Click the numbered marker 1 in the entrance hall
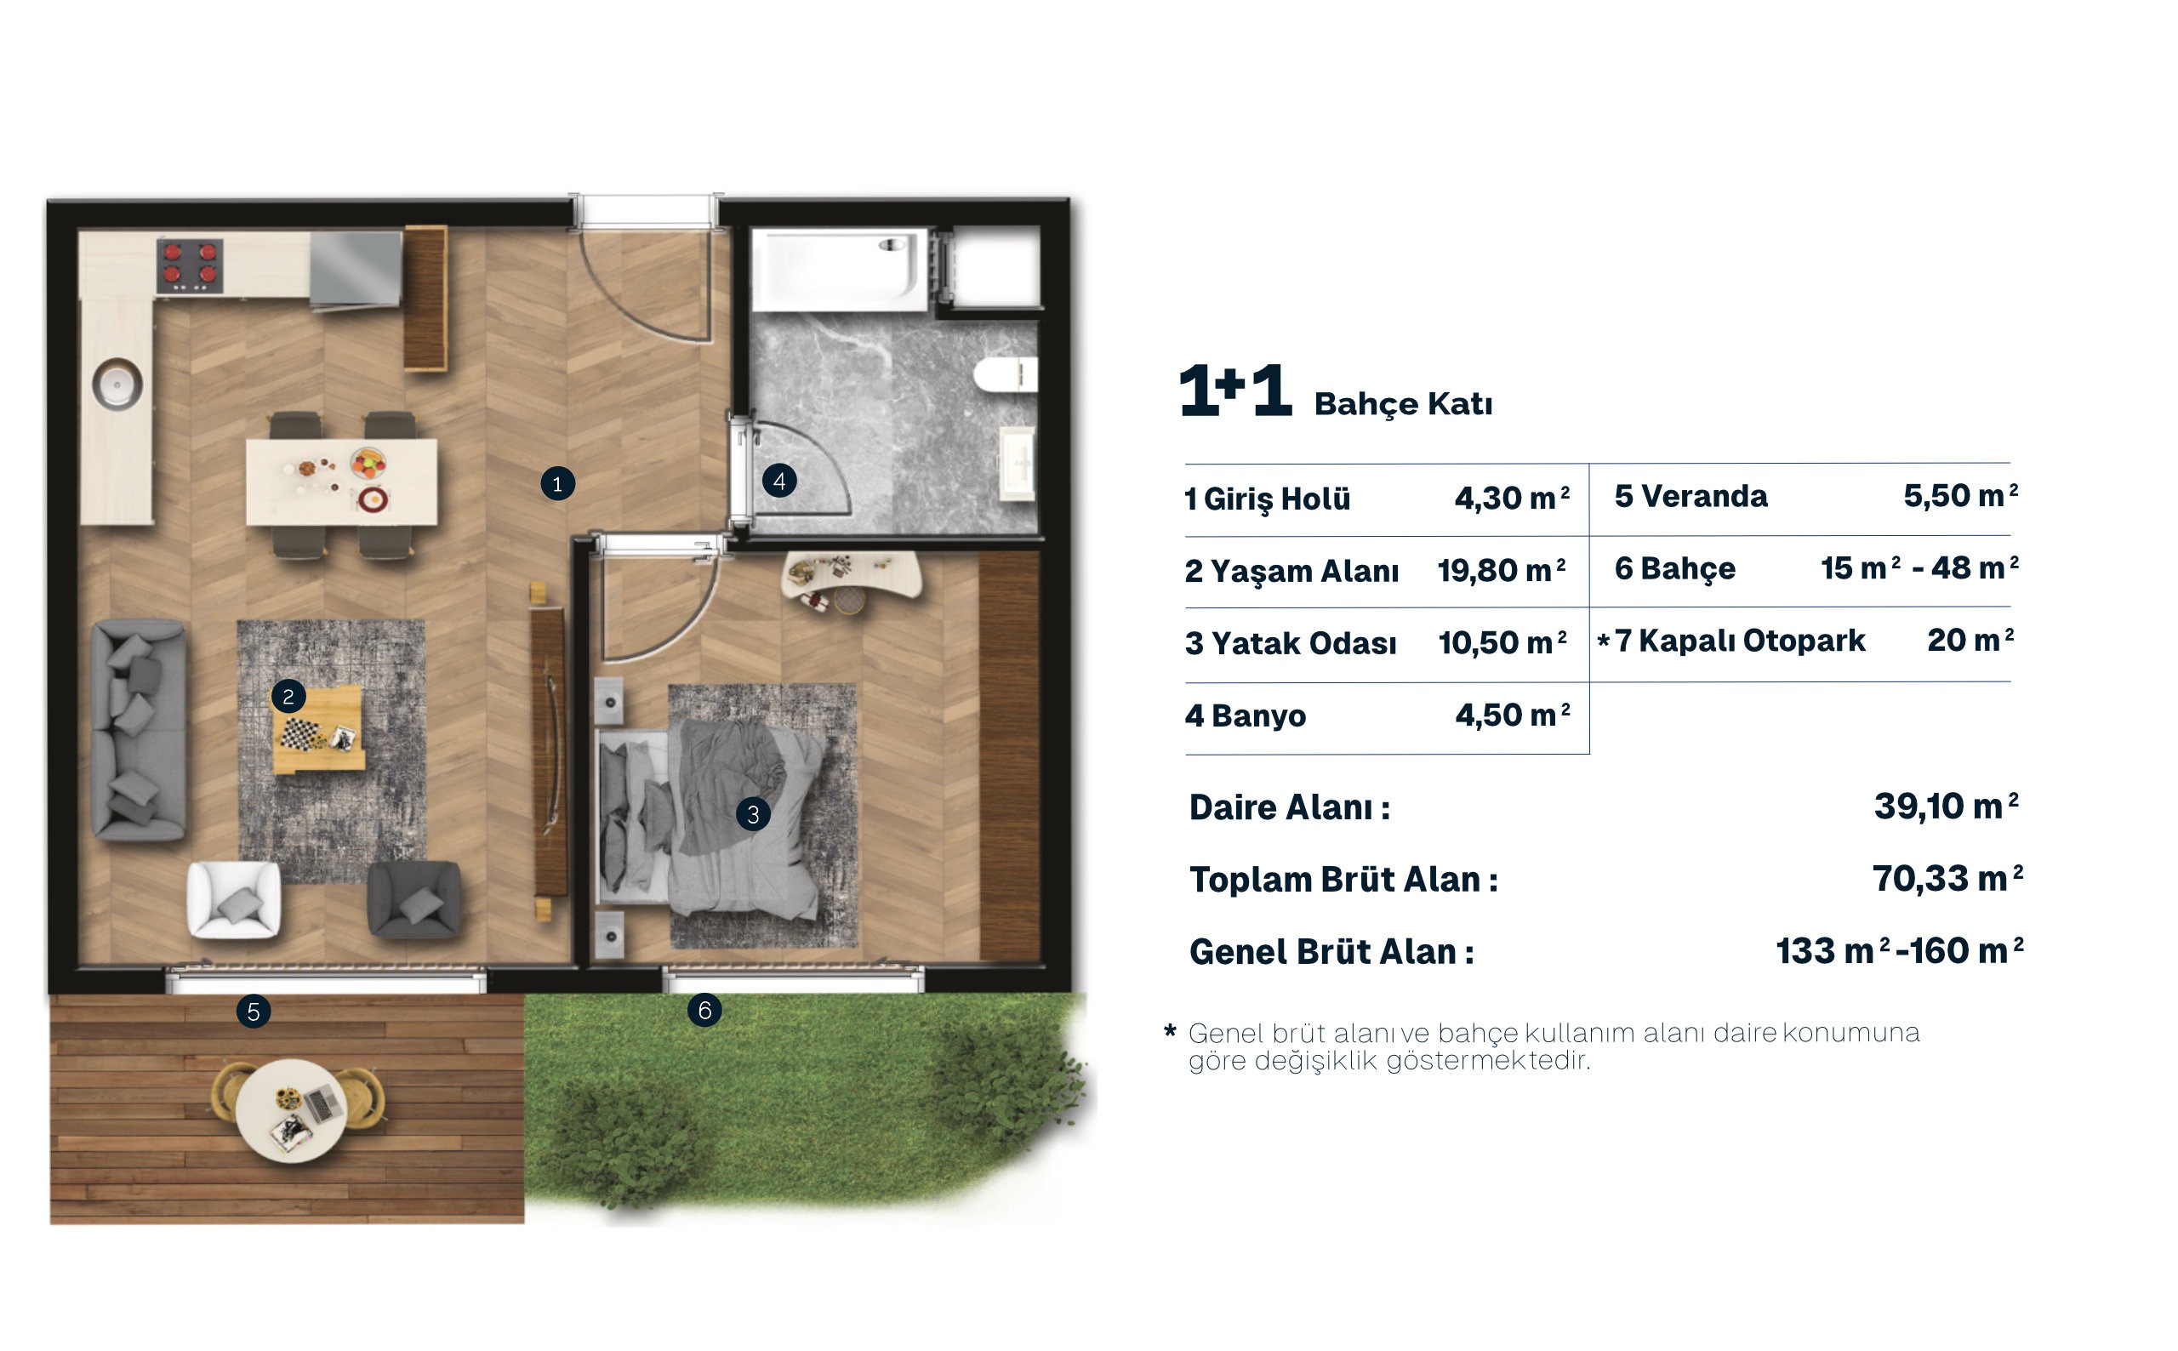557,484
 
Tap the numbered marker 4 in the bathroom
779,482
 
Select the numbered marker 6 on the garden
704,1011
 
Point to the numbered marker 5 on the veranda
254,1012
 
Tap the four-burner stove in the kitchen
190,265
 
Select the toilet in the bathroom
1005,374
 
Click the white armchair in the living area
234,900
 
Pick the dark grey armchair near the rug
414,900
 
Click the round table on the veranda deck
291,1110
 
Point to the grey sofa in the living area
140,731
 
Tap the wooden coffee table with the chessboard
319,730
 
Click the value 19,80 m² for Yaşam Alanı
1502,570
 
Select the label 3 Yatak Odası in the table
1291,643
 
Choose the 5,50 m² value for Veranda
1961,495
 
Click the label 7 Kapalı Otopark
1739,641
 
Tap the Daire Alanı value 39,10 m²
1947,806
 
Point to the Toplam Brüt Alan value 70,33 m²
1947,878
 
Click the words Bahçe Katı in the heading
1404,404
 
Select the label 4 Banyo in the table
1246,715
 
